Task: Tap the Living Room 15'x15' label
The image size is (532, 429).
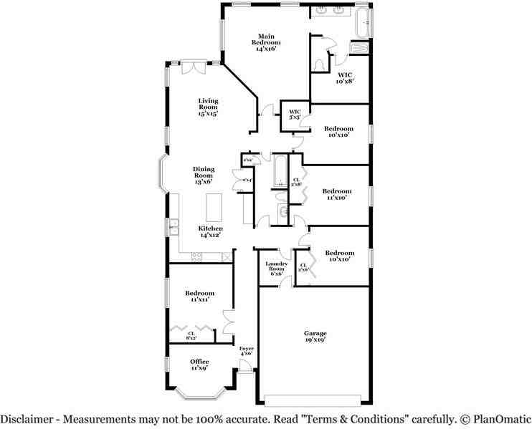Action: click(x=208, y=107)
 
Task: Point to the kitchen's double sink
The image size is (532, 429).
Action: click(x=173, y=228)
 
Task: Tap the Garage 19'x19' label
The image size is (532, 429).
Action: click(x=315, y=337)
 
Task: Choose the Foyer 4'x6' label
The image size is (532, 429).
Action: click(x=246, y=351)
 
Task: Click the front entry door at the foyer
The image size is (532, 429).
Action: click(x=246, y=367)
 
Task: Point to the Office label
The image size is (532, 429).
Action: click(x=199, y=365)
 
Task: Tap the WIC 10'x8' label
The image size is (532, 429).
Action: click(x=345, y=77)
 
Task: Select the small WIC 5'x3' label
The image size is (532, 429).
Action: click(x=295, y=114)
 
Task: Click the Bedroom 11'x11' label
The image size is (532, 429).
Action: click(x=199, y=296)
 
